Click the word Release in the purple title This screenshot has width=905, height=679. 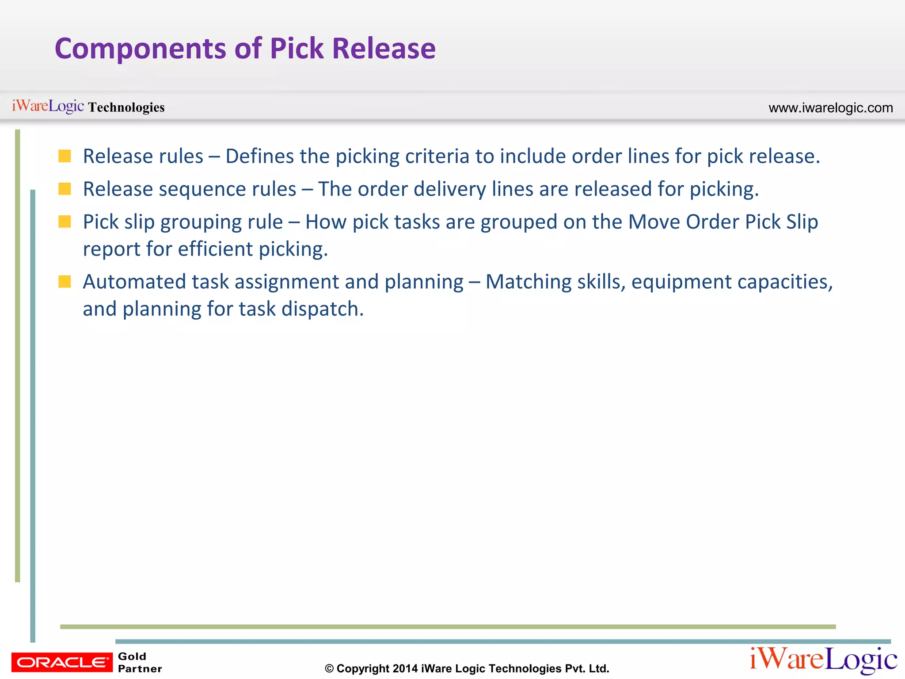(x=384, y=49)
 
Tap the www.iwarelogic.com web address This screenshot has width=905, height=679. (x=830, y=108)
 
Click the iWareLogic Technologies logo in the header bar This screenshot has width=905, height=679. (x=88, y=107)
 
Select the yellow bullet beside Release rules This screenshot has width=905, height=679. (x=65, y=156)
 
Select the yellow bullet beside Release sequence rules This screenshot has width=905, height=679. (x=65, y=189)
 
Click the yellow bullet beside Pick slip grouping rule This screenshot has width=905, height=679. (x=65, y=221)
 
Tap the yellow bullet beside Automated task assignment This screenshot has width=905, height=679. (x=65, y=282)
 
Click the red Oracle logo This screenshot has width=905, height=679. (x=62, y=662)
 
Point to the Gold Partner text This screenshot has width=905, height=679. (x=139, y=662)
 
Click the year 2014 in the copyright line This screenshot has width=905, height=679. (x=405, y=668)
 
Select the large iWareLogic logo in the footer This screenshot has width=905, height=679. (x=823, y=660)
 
